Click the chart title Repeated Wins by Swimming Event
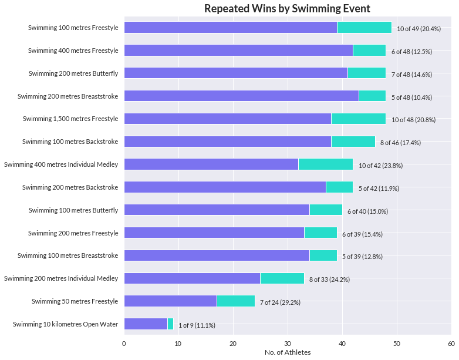287,8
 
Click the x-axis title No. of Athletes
287,352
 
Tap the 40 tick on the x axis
342,343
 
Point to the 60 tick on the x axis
451,343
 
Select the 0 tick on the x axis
124,343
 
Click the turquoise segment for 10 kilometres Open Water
170,324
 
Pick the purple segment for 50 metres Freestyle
170,301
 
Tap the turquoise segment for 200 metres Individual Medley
282,278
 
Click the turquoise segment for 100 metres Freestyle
364,27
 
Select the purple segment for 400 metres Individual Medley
211,164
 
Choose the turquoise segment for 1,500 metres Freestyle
358,119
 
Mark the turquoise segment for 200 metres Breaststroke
372,96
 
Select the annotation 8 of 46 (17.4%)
400,143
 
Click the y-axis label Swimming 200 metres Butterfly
73,73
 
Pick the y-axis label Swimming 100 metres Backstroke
70,142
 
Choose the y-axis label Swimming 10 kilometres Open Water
65,324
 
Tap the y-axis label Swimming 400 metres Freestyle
73,51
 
